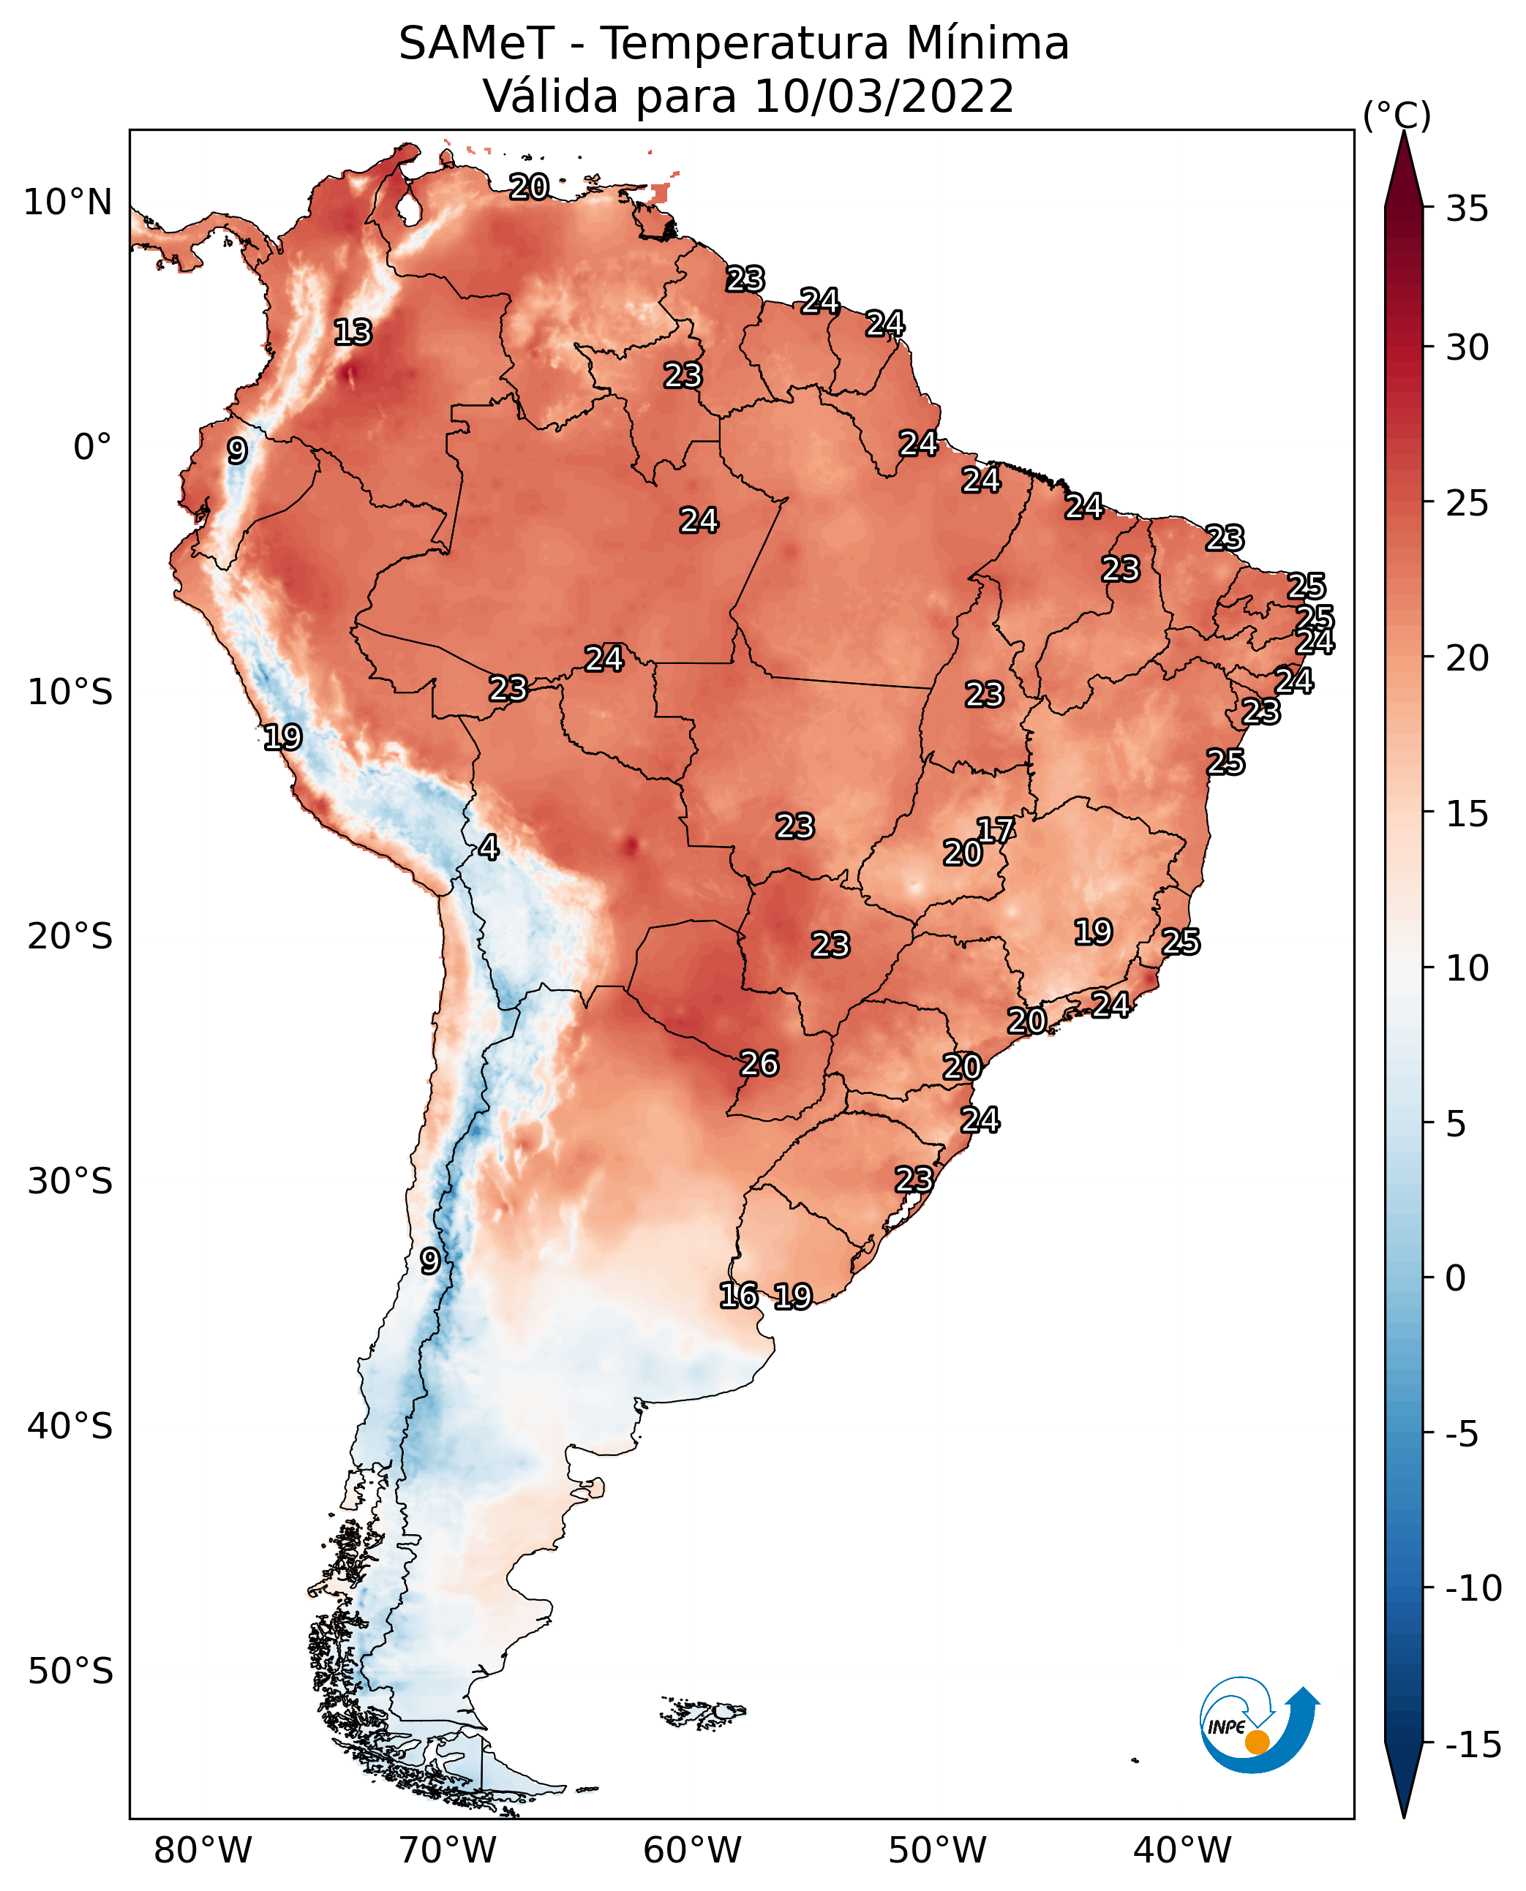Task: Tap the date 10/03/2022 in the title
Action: pyautogui.click(x=884, y=97)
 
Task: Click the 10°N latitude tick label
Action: pyautogui.click(x=68, y=203)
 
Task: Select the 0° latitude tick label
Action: pyautogui.click(x=92, y=448)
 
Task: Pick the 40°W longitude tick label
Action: pyautogui.click(x=1182, y=1850)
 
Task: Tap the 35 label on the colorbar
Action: pyautogui.click(x=1467, y=209)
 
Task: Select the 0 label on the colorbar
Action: pyautogui.click(x=1456, y=1278)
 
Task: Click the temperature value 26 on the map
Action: pyautogui.click(x=759, y=1063)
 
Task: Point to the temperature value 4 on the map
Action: pyautogui.click(x=489, y=847)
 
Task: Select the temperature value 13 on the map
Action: pyautogui.click(x=353, y=332)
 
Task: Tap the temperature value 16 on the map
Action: pyautogui.click(x=738, y=1295)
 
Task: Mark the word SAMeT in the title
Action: pyautogui.click(x=476, y=44)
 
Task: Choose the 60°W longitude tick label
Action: pyautogui.click(x=692, y=1850)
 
